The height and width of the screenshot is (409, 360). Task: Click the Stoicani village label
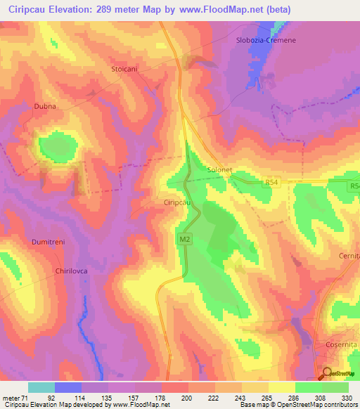[126, 69]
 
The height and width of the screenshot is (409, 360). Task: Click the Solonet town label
[219, 169]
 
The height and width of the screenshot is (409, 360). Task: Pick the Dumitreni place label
[49, 242]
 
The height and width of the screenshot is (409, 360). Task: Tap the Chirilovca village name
[71, 270]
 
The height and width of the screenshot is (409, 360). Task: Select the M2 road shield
[184, 240]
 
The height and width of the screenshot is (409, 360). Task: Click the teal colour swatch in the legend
[41, 387]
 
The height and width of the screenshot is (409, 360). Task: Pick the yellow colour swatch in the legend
[282, 387]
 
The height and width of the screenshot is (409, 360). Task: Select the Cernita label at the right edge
[349, 257]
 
